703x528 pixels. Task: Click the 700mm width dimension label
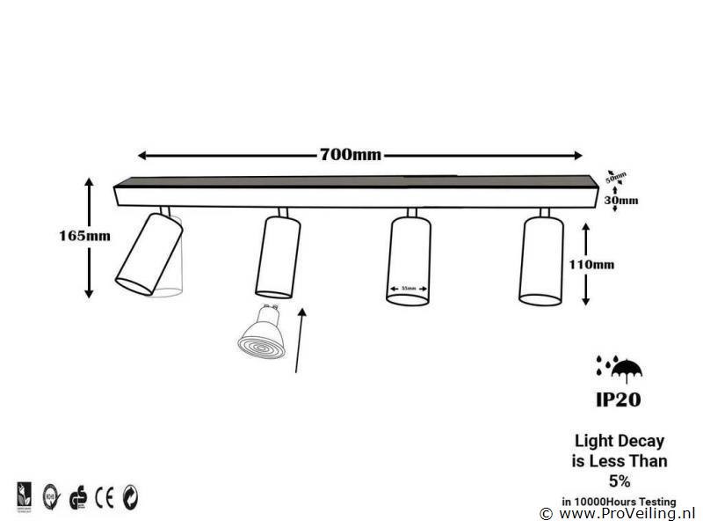point(350,156)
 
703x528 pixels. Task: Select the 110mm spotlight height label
point(615,263)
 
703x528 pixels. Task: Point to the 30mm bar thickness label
point(622,200)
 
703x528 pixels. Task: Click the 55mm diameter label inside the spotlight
point(409,288)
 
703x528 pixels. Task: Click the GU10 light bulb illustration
point(261,334)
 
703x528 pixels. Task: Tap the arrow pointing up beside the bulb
point(301,339)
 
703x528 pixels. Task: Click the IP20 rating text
point(619,400)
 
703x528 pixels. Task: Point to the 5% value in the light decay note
point(620,480)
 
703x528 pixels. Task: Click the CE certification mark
point(105,495)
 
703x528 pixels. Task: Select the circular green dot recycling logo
point(131,495)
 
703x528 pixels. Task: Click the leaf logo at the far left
point(24,495)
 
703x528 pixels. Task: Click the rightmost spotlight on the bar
point(541,259)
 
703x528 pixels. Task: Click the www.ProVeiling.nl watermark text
point(627,512)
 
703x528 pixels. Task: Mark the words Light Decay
point(619,441)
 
